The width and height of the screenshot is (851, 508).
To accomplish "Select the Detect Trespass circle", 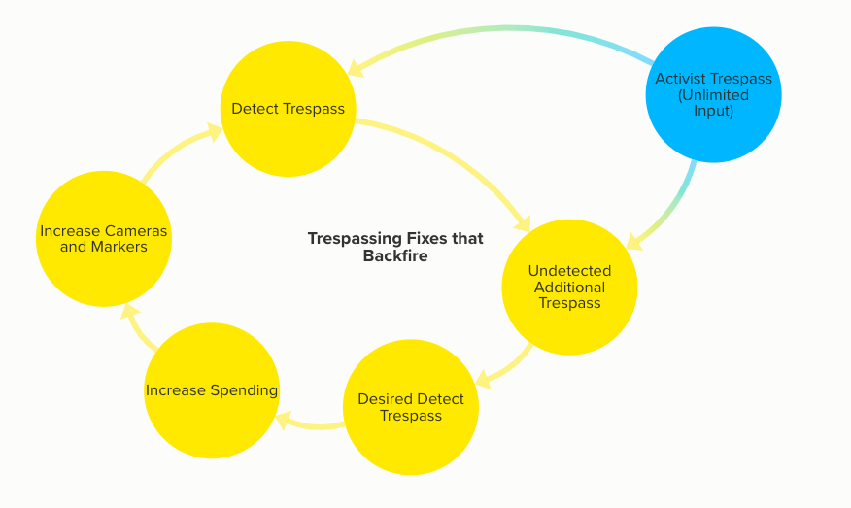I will point(288,109).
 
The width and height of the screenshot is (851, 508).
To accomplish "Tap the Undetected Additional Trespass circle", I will point(568,288).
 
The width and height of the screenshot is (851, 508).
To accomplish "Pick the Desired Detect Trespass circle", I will point(411,407).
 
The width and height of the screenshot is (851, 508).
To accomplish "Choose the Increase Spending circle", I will point(212,390).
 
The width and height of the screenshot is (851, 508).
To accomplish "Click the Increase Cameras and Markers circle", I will point(104,239).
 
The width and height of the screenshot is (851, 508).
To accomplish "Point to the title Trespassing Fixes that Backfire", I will point(394,247).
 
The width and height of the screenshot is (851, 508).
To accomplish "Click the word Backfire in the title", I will point(394,256).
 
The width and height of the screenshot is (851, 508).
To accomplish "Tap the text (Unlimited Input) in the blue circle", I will point(713,103).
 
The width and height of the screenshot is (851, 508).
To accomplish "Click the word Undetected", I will point(568,271).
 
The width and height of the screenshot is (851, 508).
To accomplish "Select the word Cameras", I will point(136,231).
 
